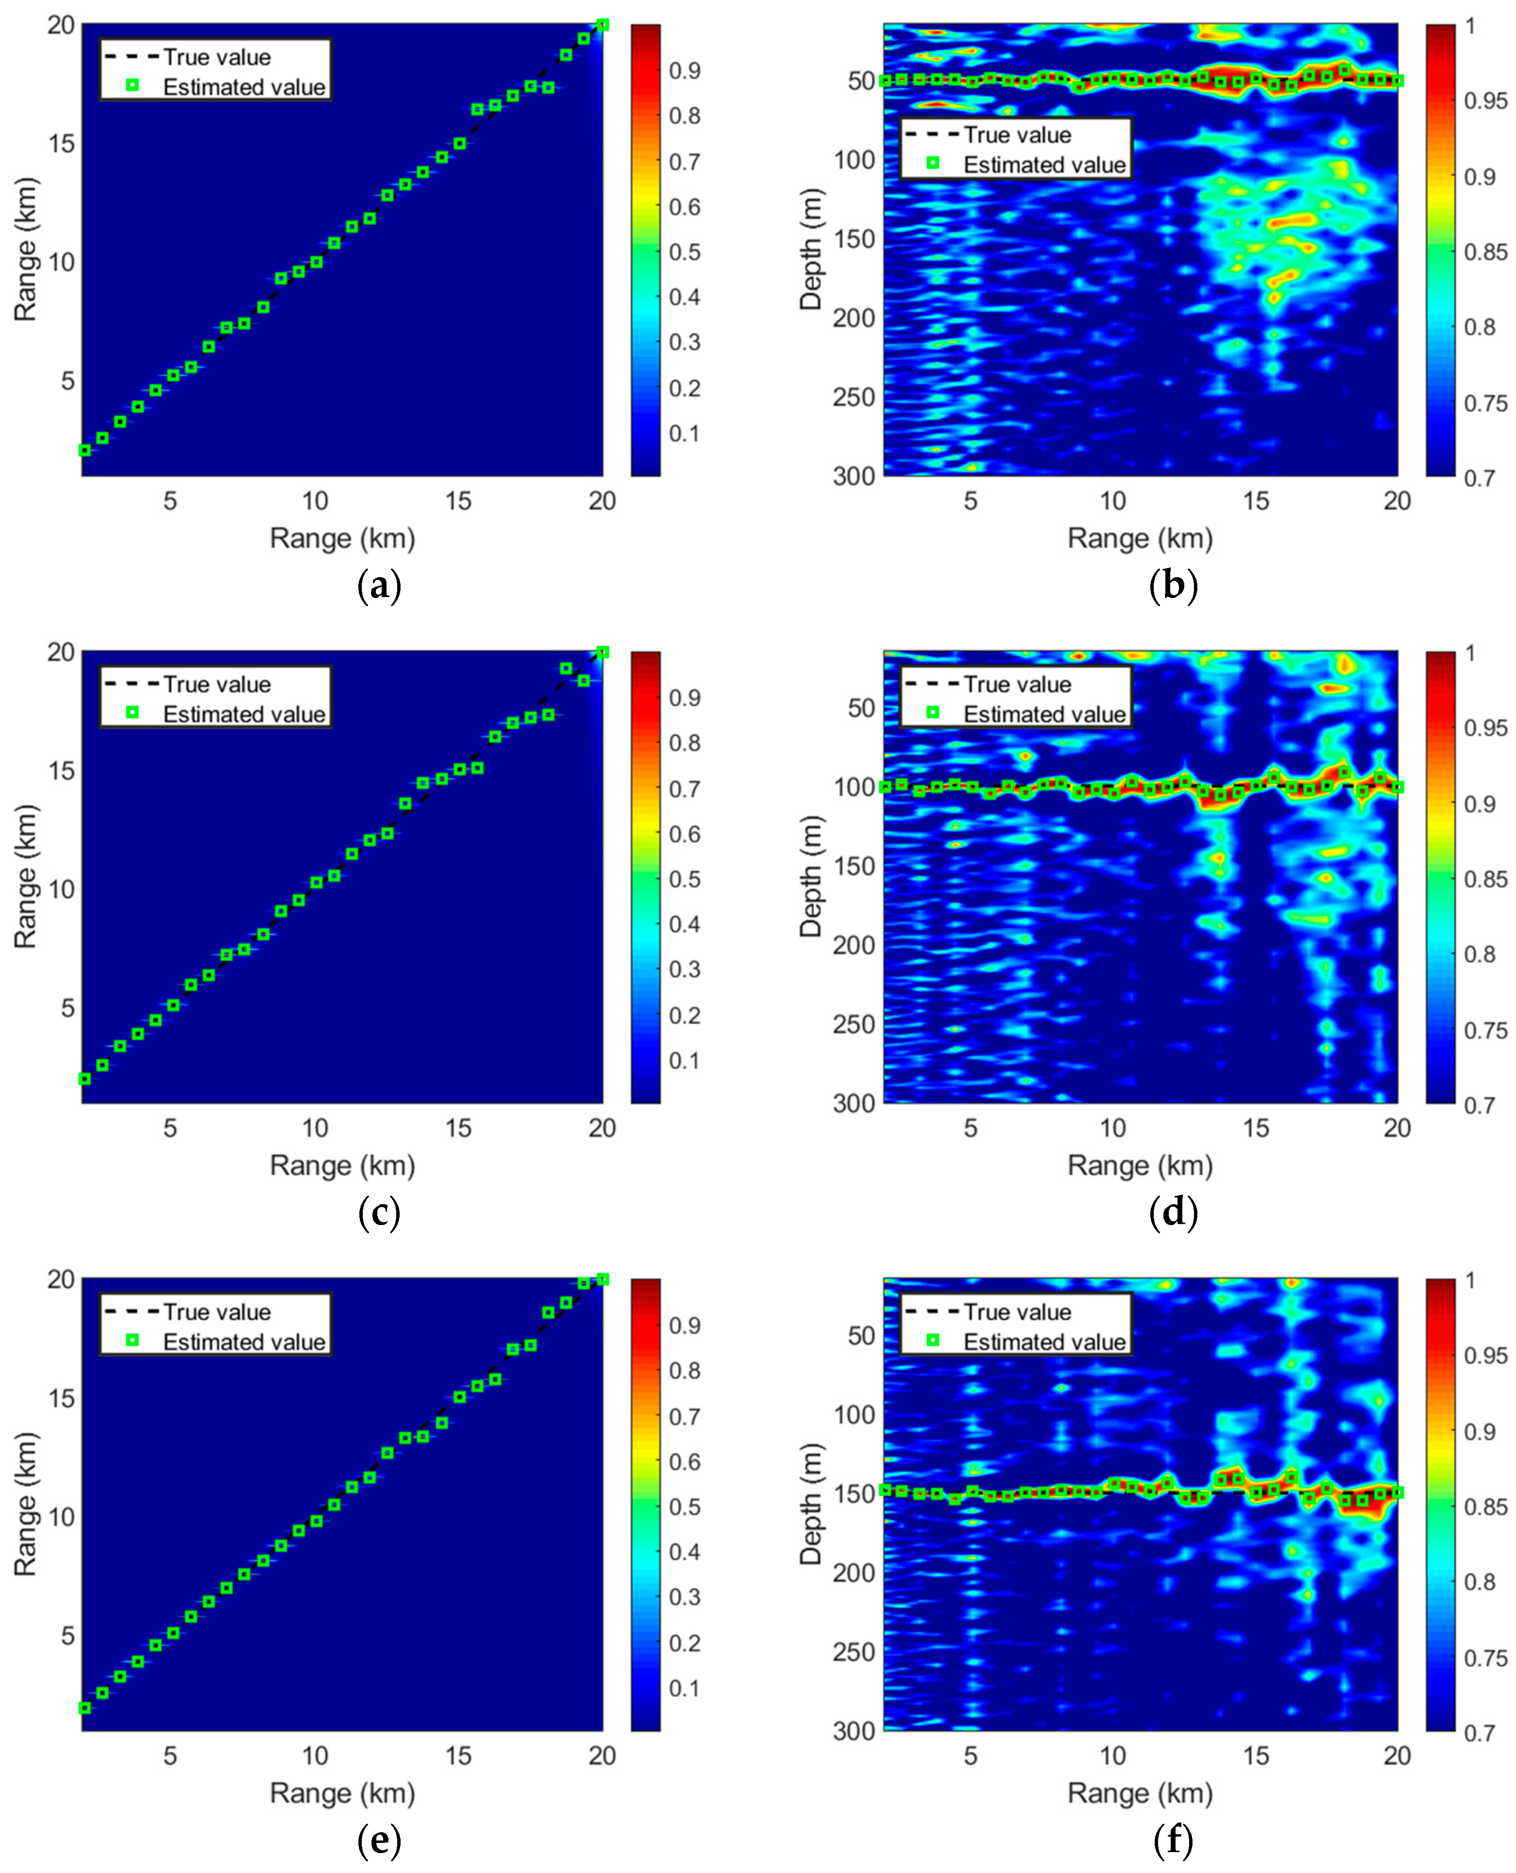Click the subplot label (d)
pos(1173,1213)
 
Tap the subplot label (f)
pos(1173,1841)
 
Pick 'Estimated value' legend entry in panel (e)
pos(243,1341)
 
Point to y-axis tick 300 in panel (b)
pos(853,477)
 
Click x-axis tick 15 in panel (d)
pos(1255,1128)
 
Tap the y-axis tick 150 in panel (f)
pos(853,1494)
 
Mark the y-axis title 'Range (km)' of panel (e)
pos(25,1503)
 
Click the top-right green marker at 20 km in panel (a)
pos(602,25)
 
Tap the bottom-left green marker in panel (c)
pos(85,1079)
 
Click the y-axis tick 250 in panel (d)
pos(853,1024)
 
